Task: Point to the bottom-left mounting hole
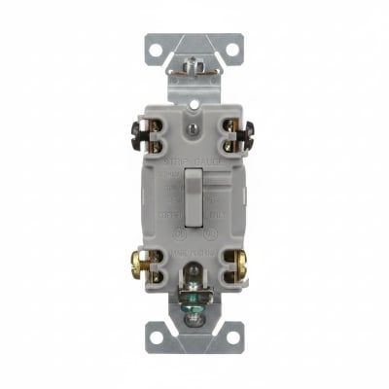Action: [x=159, y=336]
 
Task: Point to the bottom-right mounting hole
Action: [x=230, y=336]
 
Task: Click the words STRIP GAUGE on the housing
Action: [x=195, y=156]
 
